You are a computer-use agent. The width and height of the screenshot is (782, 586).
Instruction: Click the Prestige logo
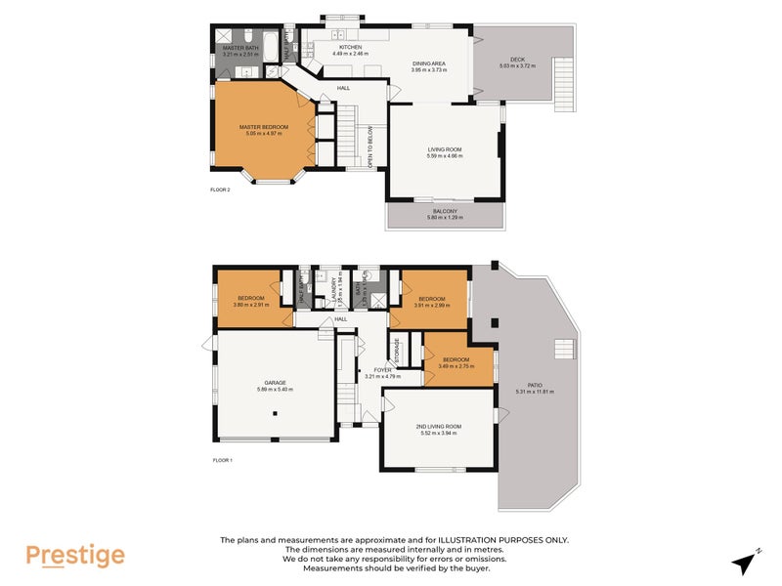tap(75, 556)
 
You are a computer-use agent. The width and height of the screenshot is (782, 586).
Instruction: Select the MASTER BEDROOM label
tap(264, 127)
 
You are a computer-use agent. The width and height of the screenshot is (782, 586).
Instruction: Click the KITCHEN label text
tap(350, 47)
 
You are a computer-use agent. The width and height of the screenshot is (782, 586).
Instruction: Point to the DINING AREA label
tap(429, 63)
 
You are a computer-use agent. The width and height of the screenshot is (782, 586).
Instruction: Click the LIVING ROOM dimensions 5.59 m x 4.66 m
tap(445, 156)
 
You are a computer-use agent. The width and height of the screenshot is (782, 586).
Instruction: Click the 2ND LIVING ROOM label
tap(439, 426)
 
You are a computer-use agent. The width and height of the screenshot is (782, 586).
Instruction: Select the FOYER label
tap(382, 370)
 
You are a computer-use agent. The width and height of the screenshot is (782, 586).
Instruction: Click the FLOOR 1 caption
tap(222, 459)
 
